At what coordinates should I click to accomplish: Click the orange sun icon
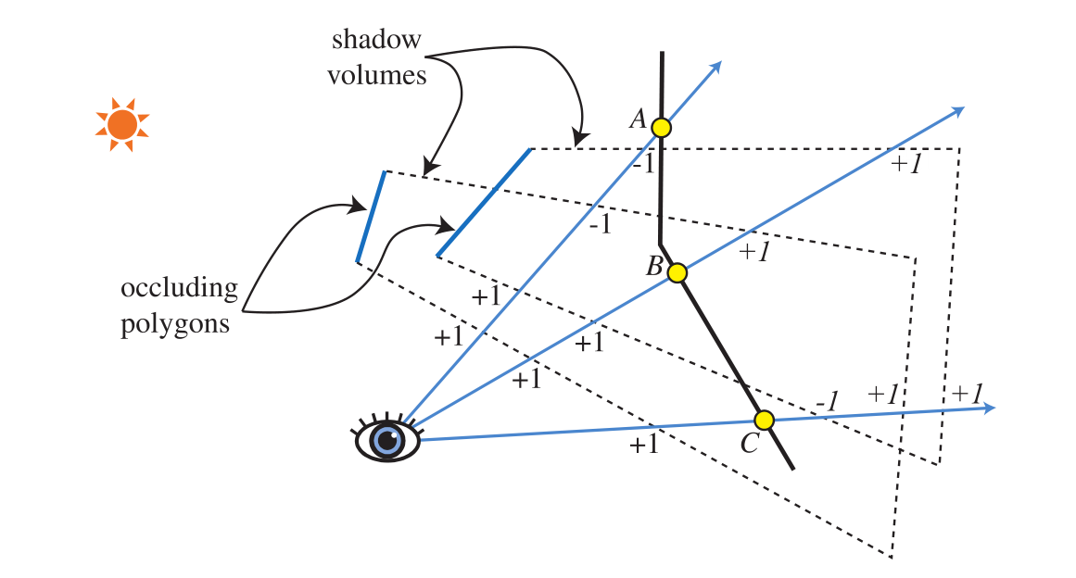coord(121,123)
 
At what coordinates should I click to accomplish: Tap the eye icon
coord(388,439)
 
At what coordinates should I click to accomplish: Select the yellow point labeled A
coord(661,127)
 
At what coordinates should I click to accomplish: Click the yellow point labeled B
coord(677,272)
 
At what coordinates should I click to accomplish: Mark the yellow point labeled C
coord(764,421)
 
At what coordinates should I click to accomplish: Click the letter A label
coord(638,119)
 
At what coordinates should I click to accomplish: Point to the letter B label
coord(653,269)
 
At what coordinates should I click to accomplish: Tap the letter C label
coord(750,445)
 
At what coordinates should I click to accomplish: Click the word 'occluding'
coord(179,288)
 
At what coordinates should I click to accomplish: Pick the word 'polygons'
coord(175,325)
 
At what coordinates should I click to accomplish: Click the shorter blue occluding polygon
coord(371,217)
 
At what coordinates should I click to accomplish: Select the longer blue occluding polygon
coord(484,202)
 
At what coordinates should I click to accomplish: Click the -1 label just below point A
coord(643,164)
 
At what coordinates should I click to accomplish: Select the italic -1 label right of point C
coord(827,402)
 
